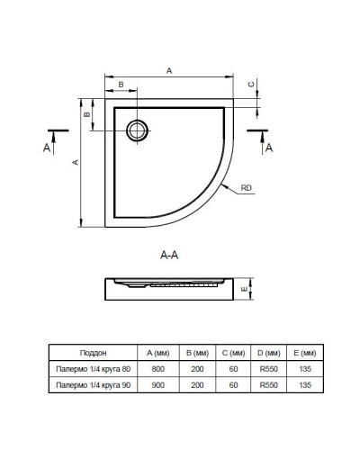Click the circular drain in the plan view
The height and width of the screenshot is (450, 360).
[139, 130]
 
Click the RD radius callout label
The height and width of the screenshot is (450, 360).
[247, 189]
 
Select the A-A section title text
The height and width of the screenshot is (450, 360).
[169, 256]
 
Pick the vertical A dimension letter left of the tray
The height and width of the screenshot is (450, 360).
[76, 162]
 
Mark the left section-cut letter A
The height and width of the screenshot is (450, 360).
[46, 147]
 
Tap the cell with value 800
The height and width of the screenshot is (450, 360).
[157, 369]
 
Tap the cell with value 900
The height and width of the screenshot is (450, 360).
[157, 385]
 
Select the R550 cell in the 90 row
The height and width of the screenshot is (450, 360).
[267, 385]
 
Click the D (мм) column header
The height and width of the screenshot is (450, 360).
[267, 353]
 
